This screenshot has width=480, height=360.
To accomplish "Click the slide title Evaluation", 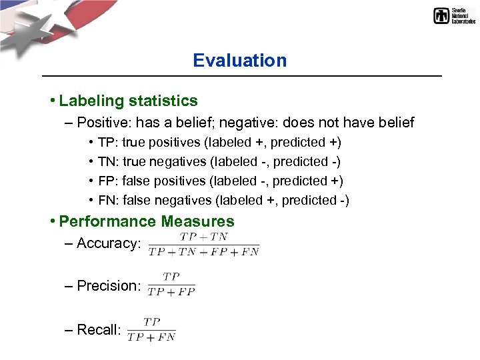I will tap(239, 61).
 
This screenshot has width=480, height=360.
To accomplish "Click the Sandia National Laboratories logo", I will tap(454, 15).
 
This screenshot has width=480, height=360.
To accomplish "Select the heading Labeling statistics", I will tap(128, 101).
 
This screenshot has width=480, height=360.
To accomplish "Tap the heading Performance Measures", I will tap(147, 221).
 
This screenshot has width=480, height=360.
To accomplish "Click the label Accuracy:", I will tap(109, 243).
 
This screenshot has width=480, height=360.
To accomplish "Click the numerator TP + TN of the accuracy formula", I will tap(203, 237).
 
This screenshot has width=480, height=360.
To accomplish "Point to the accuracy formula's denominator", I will tap(203, 251).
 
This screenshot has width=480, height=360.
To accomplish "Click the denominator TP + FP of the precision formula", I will tap(171, 291).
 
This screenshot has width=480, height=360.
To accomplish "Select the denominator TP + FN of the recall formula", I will tap(151, 337).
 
